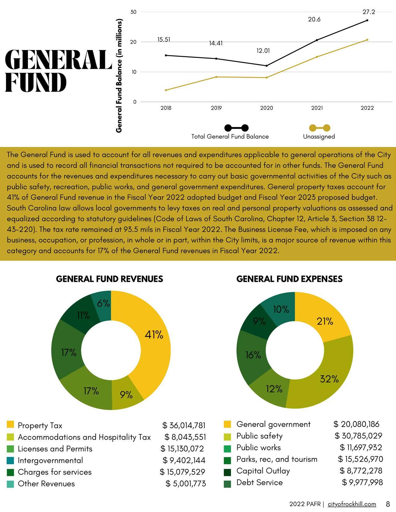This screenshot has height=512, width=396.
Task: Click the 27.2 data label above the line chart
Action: pos(369,12)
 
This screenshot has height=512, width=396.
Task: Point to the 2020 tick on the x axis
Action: pos(266,108)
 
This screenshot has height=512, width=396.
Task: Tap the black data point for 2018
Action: pos(166,55)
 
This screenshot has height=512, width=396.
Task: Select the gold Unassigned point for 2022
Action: pos(367,40)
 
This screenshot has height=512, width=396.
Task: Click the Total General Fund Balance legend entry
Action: pos(230,136)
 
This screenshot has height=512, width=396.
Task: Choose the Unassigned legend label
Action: pos(319,136)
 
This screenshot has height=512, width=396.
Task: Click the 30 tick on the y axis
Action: pos(134,12)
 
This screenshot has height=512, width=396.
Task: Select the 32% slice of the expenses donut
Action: pos(326,382)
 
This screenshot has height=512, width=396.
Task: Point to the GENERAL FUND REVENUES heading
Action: pos(109,279)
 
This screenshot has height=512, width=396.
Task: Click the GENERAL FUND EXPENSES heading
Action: pos(289,279)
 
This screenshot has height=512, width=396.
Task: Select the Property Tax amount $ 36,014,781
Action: pos(184,425)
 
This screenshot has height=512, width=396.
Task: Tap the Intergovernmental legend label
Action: pos(50,460)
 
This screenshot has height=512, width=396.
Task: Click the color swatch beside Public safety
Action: pos(227,436)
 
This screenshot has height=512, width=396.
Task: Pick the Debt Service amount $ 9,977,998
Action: pos(362,482)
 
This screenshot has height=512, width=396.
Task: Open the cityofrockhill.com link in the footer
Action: pos(352,504)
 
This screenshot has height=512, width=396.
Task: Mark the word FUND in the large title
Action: pos(36,83)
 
